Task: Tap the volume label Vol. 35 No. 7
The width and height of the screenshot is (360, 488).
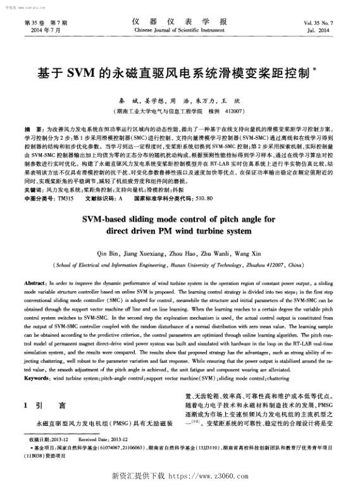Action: (x=321, y=22)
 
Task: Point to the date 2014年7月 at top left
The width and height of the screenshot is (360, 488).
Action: (x=39, y=30)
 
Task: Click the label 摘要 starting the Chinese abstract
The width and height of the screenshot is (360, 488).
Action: (x=30, y=128)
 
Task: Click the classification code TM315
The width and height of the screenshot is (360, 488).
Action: (x=65, y=199)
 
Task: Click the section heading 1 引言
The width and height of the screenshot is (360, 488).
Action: (x=45, y=404)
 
